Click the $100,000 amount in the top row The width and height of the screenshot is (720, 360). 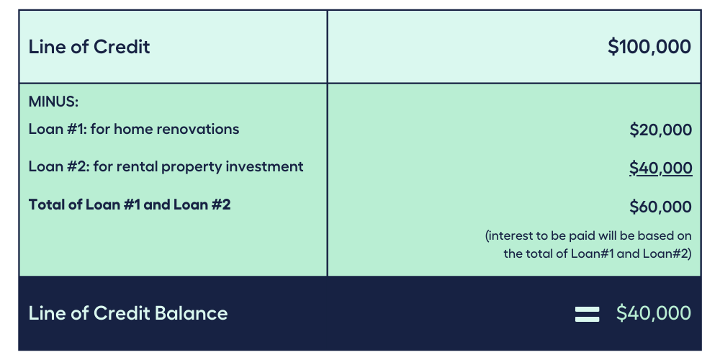649,47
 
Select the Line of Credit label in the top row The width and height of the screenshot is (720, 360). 89,47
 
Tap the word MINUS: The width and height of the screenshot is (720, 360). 53,102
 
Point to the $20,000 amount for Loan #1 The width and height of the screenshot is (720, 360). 660,130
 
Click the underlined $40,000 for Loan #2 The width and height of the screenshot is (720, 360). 660,168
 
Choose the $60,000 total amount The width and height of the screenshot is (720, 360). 660,207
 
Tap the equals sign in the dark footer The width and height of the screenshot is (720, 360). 587,314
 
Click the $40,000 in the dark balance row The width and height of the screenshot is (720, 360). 654,313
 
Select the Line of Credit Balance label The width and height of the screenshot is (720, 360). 128,313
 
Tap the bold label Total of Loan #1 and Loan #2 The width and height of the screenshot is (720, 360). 130,204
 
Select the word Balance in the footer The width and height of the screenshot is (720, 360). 191,313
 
